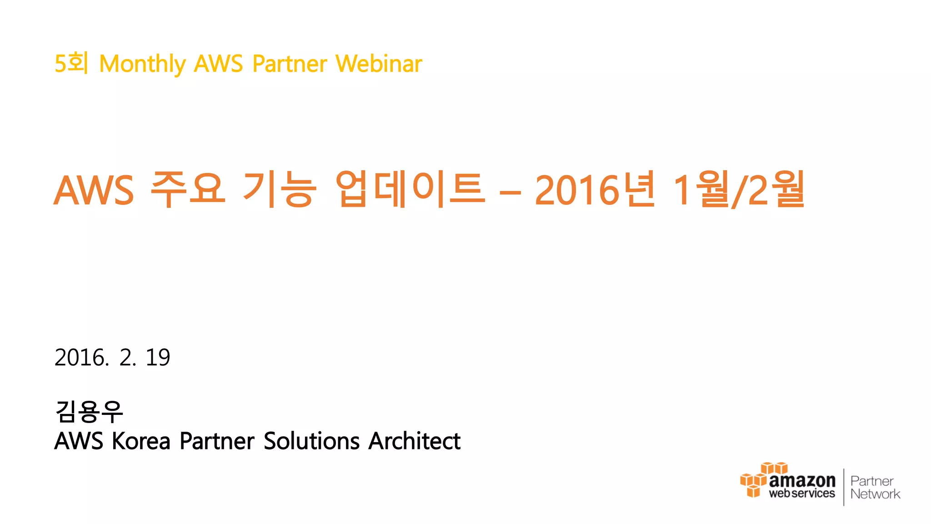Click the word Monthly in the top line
(142, 64)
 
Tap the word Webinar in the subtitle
(379, 64)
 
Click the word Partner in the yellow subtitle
(290, 64)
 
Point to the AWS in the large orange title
(94, 191)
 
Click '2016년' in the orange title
(595, 190)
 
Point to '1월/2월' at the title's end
(739, 190)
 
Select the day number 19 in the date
(157, 358)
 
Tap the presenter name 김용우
(89, 411)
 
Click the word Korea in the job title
(141, 441)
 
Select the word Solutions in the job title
(312, 441)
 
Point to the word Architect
(415, 441)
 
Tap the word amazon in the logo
(802, 480)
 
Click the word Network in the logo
(875, 494)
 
